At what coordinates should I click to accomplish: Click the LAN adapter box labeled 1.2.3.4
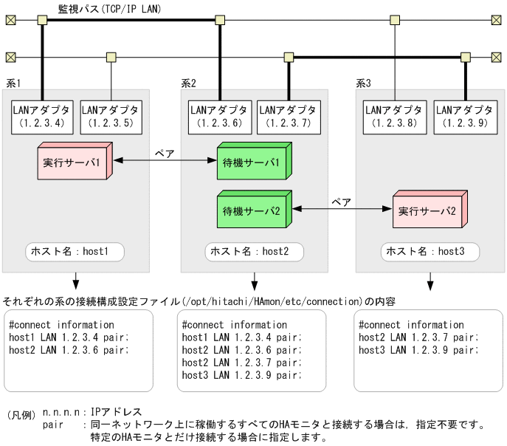click(x=40, y=117)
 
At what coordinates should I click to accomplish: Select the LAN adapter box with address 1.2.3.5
click(x=111, y=117)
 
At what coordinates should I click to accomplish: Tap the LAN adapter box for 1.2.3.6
click(x=216, y=117)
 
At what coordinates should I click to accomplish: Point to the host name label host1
click(x=75, y=252)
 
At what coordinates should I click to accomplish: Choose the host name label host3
click(x=430, y=252)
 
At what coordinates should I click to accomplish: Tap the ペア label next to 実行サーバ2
click(x=341, y=202)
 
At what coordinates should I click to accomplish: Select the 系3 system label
click(x=363, y=83)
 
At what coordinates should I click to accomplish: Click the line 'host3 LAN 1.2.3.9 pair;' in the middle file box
click(x=242, y=375)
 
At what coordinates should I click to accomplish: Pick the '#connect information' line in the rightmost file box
click(x=411, y=325)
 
